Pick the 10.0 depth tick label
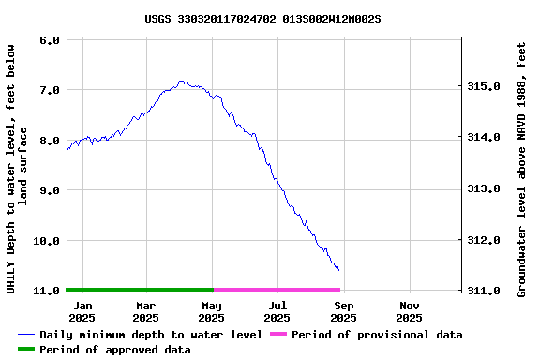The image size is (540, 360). [47, 241]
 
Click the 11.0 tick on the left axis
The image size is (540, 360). [47, 291]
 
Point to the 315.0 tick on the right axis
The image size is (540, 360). [485, 86]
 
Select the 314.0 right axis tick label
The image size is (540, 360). [485, 138]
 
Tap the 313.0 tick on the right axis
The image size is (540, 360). [485, 188]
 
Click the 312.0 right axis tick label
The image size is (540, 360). [485, 240]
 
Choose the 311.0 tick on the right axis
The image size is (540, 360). [485, 291]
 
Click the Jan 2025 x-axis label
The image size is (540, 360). [82, 311]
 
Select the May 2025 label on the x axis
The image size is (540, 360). [212, 311]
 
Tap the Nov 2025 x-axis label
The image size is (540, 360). [410, 311]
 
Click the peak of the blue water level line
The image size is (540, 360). [183, 82]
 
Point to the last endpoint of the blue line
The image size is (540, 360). [338, 270]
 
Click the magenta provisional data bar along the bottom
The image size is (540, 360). [277, 290]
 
